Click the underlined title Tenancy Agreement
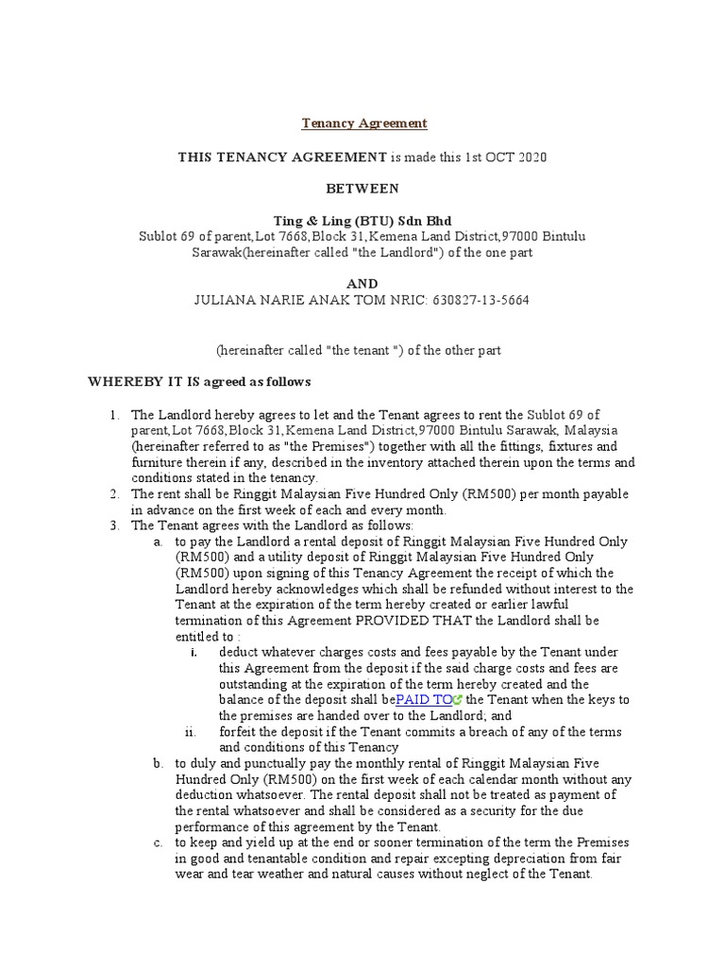[x=364, y=124]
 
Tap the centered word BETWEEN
[x=364, y=189]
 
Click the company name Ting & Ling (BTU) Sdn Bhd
[x=363, y=221]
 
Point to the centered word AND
[x=363, y=284]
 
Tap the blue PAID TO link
[x=424, y=700]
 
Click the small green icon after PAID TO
[x=458, y=700]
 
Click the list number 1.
[x=113, y=414]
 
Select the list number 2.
[x=113, y=493]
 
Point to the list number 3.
[x=113, y=525]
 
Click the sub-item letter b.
[x=158, y=763]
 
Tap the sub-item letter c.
[x=158, y=842]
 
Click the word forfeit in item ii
[x=238, y=732]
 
